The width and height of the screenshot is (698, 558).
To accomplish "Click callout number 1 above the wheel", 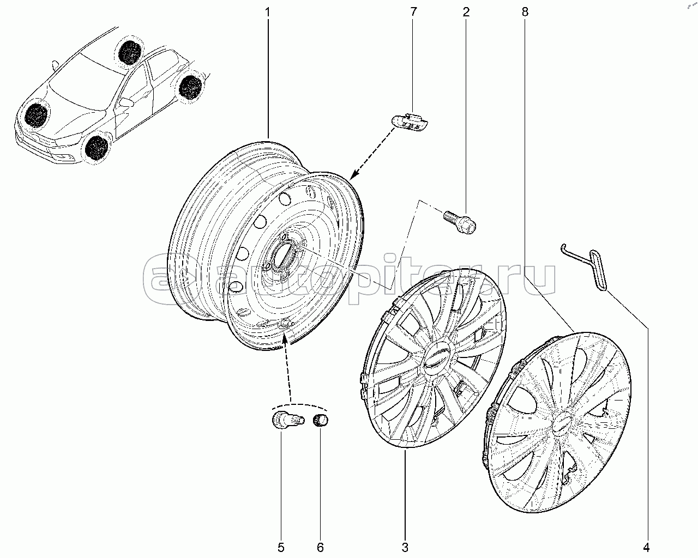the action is (x=268, y=13).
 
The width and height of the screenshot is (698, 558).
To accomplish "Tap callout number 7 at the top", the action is (x=413, y=12).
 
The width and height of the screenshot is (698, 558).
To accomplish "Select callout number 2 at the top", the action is (x=466, y=13).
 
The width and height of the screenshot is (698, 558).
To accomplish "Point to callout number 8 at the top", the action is (x=525, y=13).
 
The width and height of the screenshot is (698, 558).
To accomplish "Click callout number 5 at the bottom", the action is (x=281, y=548).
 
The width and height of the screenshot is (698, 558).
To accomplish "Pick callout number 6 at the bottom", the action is (x=320, y=548).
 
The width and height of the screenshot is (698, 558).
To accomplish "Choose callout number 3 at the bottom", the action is (x=405, y=548).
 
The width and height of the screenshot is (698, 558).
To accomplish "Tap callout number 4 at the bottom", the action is (x=646, y=548).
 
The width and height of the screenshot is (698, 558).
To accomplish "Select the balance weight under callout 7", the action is (x=410, y=122).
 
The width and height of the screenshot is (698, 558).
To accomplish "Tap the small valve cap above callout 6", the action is (x=321, y=421).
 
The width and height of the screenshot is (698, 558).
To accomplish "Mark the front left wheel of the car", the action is (x=97, y=149).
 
